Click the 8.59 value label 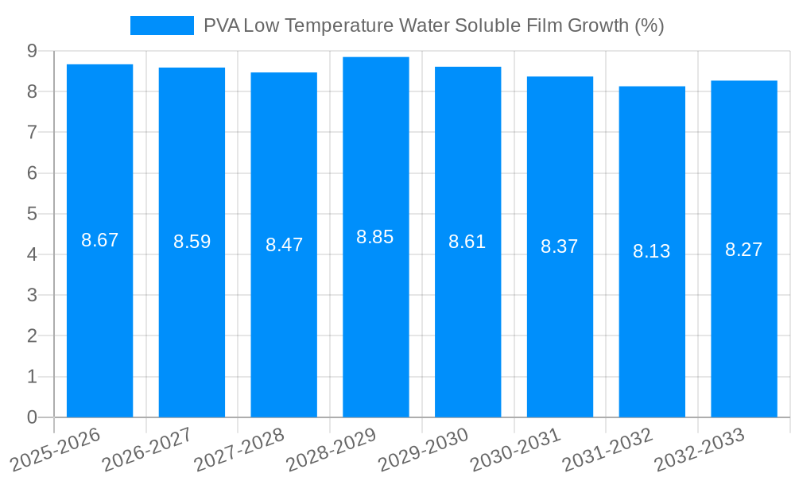point(192,242)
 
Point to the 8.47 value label point(284,244)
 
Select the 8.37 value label point(559,246)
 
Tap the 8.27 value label point(743,250)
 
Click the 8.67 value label point(99,240)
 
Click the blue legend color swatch point(161,25)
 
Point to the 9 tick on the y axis point(32,51)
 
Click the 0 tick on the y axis point(32,417)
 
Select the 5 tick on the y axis point(32,214)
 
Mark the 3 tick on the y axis point(32,295)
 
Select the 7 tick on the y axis point(32,132)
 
